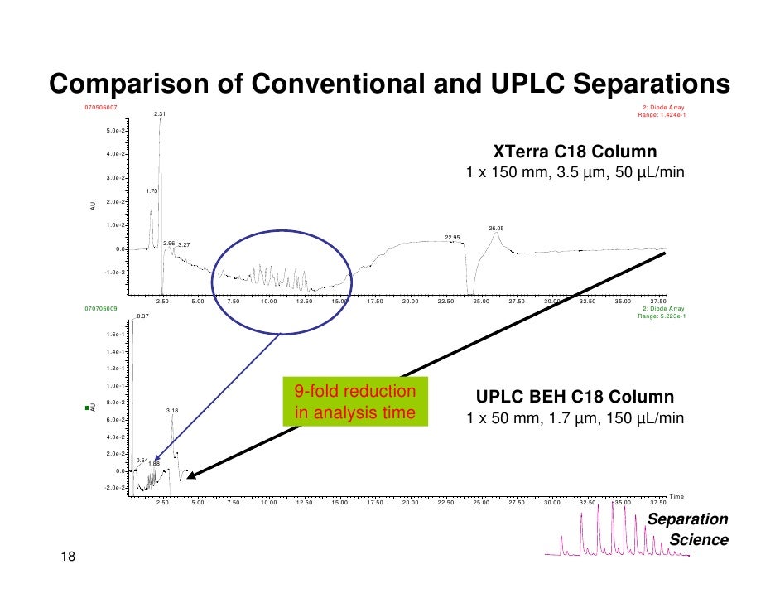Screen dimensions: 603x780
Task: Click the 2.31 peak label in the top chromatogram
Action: [160, 114]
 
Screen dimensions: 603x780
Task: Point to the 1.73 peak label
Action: [152, 191]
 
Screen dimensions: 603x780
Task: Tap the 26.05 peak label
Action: [496, 228]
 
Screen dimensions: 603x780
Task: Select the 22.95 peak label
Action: [452, 237]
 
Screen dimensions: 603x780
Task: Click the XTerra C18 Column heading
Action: [575, 152]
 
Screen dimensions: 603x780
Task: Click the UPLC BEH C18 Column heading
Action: [575, 397]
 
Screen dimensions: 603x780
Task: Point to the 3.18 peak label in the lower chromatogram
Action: [171, 410]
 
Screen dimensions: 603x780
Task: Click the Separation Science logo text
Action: [687, 529]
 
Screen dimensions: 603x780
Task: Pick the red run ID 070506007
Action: [102, 107]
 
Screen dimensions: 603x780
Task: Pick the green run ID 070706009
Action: [102, 308]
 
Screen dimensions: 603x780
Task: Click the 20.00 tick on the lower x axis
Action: [410, 502]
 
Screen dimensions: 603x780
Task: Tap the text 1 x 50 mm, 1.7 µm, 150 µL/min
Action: [575, 418]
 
